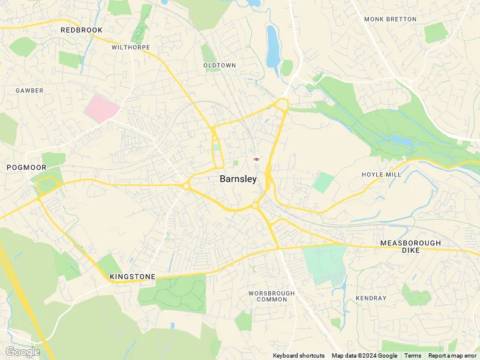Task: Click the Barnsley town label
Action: (238, 179)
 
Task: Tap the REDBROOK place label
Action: (82, 30)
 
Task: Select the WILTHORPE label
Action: (131, 47)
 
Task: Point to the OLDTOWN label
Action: (219, 65)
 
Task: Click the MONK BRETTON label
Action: (390, 19)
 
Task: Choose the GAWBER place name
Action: (29, 91)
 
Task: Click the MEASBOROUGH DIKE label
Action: (410, 247)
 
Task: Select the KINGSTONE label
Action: (133, 277)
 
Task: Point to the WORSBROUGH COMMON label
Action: (272, 296)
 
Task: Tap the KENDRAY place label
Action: (371, 298)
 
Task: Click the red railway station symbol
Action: (256, 159)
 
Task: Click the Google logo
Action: (22, 352)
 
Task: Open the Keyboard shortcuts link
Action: (299, 356)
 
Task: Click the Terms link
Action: (413, 356)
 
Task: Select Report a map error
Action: (453, 356)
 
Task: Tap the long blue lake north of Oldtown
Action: (273, 47)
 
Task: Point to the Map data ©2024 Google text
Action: (364, 356)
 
